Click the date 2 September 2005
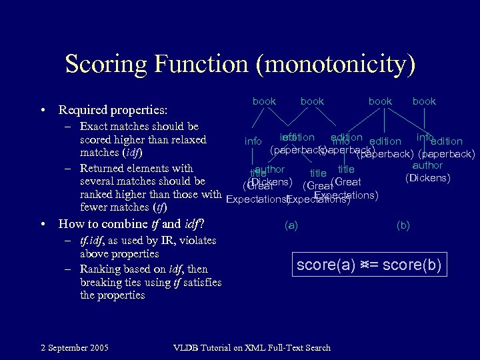click(x=75, y=347)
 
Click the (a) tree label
click(x=291, y=225)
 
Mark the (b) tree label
click(x=403, y=225)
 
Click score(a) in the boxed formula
click(x=327, y=265)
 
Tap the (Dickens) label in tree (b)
click(x=428, y=177)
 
